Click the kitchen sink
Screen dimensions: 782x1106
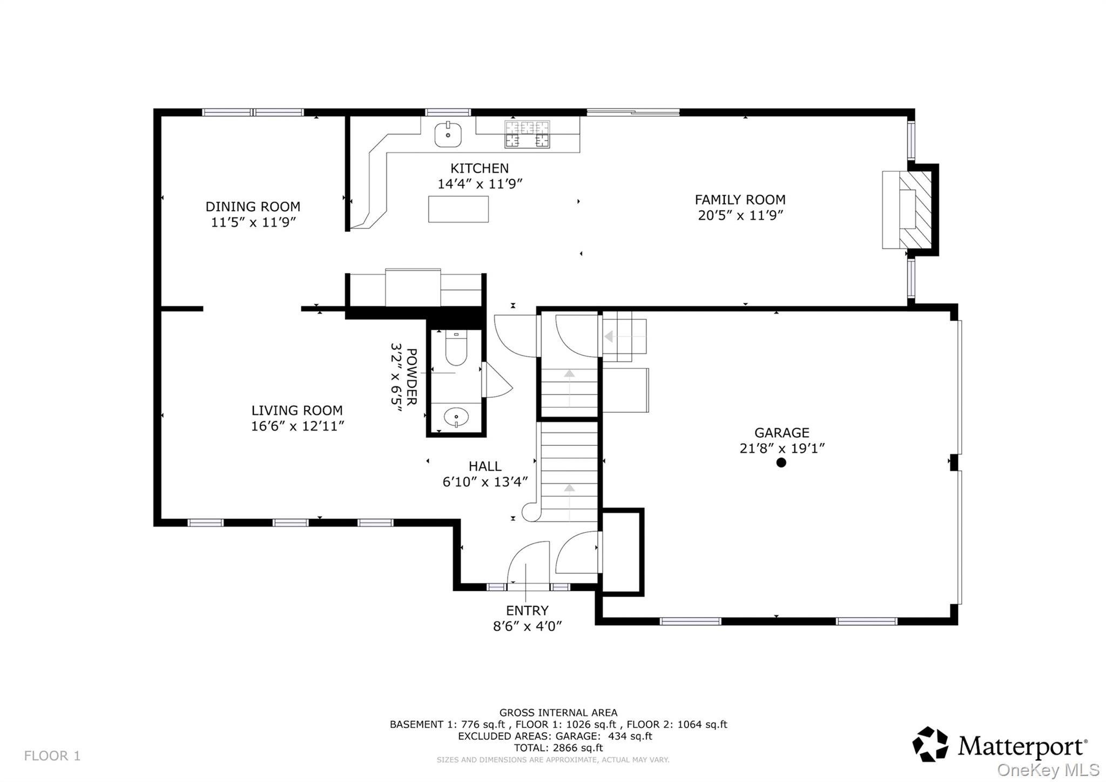tap(448, 135)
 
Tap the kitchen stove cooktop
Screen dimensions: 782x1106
tap(527, 134)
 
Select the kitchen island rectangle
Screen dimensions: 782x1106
tap(458, 209)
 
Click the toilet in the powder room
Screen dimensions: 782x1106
tap(456, 350)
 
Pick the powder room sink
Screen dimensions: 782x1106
tap(456, 417)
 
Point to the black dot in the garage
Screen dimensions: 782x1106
tap(781, 463)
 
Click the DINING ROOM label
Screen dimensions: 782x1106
tap(253, 206)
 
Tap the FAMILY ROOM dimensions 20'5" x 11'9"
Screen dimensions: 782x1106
tap(740, 216)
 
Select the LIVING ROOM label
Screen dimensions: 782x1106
tap(296, 410)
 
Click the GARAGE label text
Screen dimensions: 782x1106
tap(781, 433)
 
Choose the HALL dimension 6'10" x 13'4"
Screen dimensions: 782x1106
tap(484, 482)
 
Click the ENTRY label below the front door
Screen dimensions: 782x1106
tap(527, 611)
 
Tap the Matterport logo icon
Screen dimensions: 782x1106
tap(930, 744)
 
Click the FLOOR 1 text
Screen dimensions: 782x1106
tap(52, 756)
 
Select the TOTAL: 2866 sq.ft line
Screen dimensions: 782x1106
tap(558, 748)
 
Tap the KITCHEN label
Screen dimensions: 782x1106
tap(479, 168)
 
